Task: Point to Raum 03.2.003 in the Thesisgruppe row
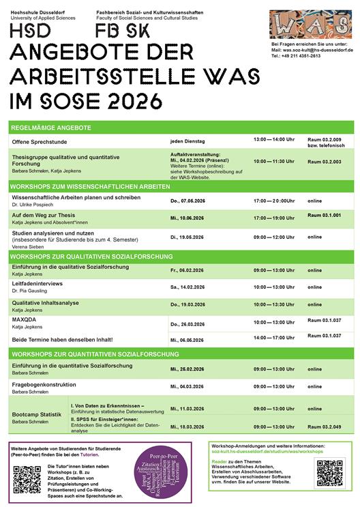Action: (x=324, y=161)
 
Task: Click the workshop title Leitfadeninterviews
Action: (x=37, y=283)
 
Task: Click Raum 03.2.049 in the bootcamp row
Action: (x=324, y=426)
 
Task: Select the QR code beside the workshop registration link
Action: (x=329, y=473)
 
